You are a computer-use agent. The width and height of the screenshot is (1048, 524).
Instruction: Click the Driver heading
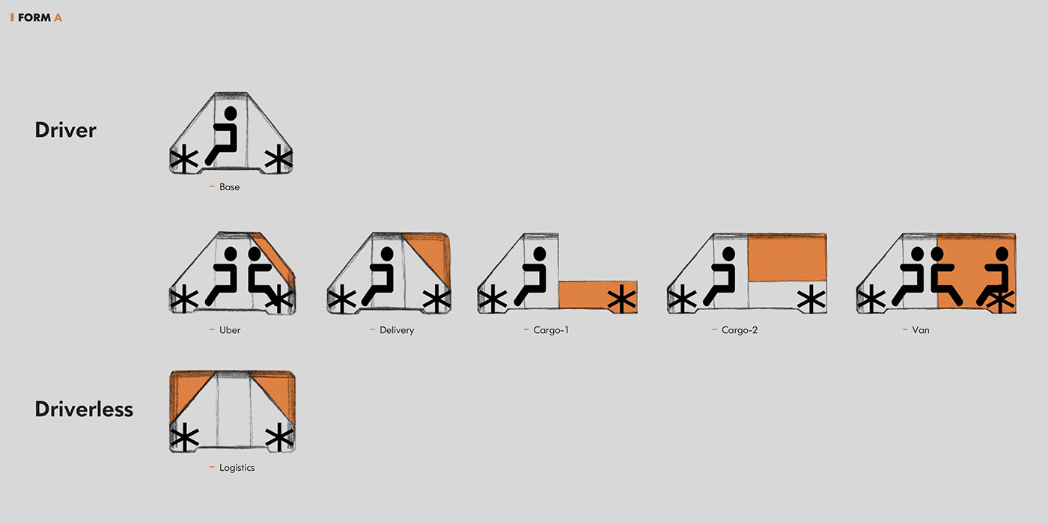(66, 130)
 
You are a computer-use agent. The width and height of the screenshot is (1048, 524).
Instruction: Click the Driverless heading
(84, 409)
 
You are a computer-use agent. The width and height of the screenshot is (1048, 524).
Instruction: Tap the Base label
(229, 187)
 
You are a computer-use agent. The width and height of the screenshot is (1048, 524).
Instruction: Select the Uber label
(230, 330)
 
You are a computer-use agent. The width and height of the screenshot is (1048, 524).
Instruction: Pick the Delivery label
(396, 330)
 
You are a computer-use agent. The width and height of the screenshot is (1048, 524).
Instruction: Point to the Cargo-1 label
(551, 330)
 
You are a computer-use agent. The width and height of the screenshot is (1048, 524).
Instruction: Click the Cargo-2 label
(739, 330)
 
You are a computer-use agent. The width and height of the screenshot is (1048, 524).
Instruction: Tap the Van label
(921, 330)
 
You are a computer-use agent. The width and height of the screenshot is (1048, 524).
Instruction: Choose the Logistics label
(237, 468)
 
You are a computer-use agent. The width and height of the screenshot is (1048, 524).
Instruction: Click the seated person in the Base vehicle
(223, 136)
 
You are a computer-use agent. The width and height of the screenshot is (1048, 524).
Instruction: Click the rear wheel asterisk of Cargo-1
(621, 301)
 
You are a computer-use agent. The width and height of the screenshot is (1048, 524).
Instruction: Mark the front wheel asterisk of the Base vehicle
(183, 160)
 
